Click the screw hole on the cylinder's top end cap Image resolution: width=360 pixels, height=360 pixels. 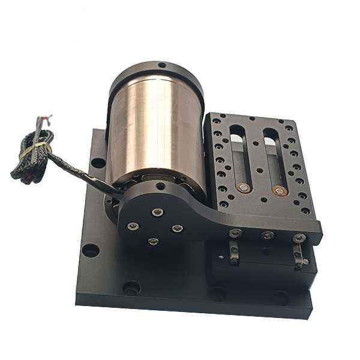coord(161,65)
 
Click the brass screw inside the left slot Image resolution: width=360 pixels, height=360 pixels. coord(243,188)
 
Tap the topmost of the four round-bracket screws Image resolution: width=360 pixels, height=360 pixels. coord(157,212)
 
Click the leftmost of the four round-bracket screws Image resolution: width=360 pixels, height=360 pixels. coord(133,226)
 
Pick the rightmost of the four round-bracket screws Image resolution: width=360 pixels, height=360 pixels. coord(177,229)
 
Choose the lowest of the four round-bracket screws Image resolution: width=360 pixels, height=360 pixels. coord(153,241)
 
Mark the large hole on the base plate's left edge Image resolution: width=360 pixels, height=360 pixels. coord(90,250)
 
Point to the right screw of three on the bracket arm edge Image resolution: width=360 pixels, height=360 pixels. coord(299,238)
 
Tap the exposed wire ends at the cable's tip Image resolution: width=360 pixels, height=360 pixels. coord(44,118)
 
